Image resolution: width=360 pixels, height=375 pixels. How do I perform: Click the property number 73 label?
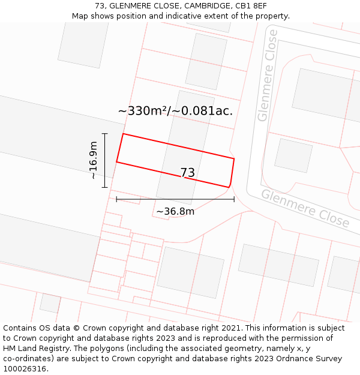pos(188,173)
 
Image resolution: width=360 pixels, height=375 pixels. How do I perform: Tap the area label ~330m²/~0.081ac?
pos(175,111)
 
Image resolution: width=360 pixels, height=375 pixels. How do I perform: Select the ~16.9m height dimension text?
pos(93,160)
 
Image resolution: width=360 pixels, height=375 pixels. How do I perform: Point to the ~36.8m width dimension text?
pos(175,211)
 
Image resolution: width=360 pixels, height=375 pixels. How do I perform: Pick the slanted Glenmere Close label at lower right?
pos(305,208)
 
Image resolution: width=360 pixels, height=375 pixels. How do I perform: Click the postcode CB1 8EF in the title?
pos(251,6)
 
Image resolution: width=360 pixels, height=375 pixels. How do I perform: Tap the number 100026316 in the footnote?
pos(25,369)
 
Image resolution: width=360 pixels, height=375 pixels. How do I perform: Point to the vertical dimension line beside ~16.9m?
pos(105,160)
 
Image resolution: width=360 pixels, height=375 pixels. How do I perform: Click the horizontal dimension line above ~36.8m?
pos(175,199)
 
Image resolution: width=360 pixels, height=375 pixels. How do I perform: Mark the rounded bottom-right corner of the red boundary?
pos(230,185)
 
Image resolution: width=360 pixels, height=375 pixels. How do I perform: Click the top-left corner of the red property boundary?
pos(123,134)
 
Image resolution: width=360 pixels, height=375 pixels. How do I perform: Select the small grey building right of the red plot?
pos(293,155)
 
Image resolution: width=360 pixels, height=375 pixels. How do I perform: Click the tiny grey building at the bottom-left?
pos(50,303)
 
